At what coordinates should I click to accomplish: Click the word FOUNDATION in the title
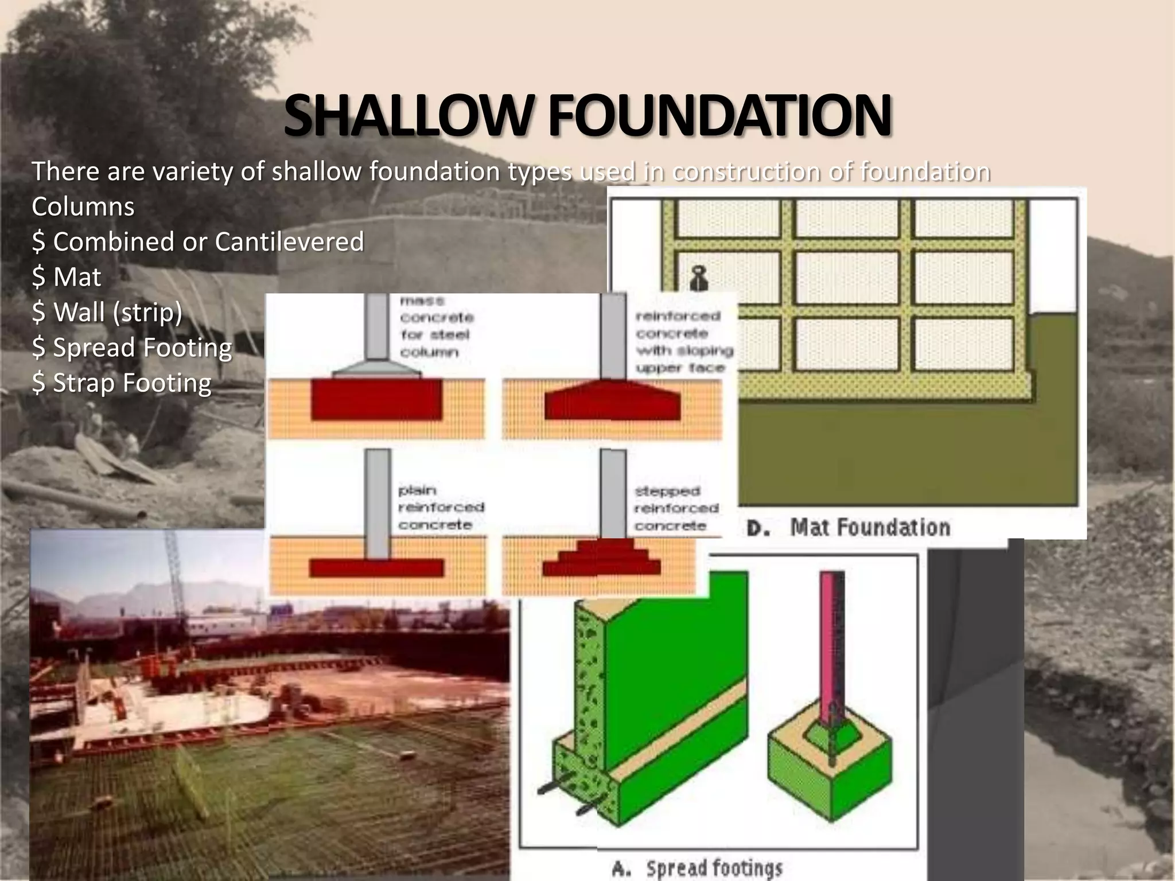point(719,116)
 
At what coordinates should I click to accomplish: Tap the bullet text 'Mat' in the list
point(76,277)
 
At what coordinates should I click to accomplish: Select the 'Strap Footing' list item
point(131,383)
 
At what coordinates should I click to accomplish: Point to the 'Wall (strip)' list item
point(117,313)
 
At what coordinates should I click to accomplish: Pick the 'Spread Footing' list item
point(142,348)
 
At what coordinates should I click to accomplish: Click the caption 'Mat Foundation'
point(869,527)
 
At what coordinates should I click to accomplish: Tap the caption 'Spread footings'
point(714,868)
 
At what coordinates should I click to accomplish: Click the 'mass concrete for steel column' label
point(436,326)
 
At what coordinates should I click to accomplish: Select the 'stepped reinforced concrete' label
point(676,508)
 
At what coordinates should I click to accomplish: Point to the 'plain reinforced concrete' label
point(440,508)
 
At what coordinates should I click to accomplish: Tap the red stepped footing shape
point(601,559)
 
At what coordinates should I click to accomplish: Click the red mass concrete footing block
point(376,399)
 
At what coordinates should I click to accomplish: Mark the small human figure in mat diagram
point(698,278)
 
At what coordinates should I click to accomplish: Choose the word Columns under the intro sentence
point(83,206)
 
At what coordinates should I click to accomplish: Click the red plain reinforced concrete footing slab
point(376,568)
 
